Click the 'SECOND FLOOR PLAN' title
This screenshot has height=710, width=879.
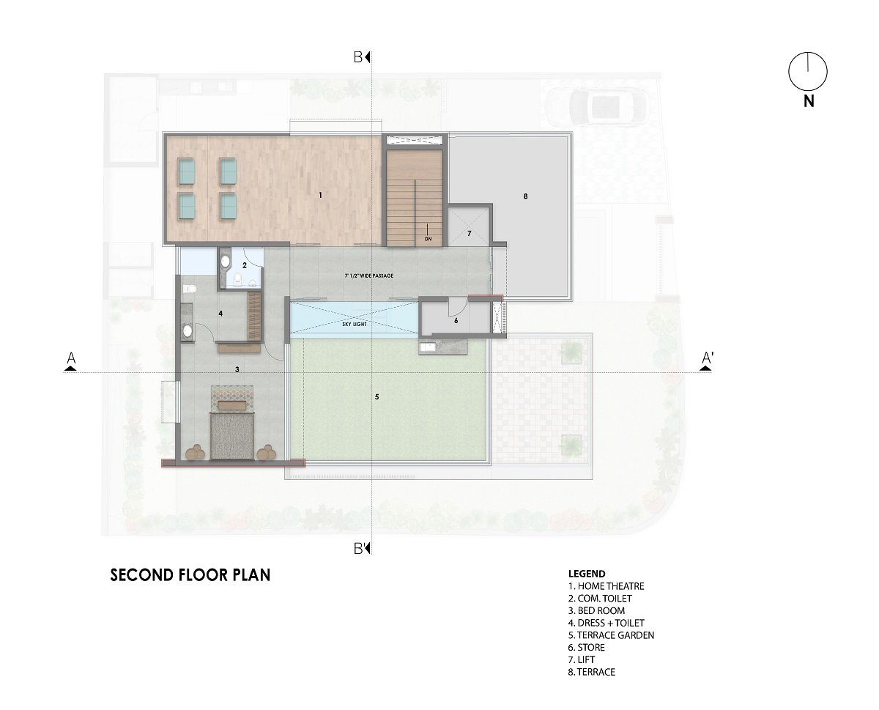point(190,574)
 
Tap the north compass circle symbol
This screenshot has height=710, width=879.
point(807,72)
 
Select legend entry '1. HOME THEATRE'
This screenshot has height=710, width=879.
point(606,586)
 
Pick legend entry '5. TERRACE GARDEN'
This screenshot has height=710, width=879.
point(611,635)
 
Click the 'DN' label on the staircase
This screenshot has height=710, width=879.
point(427,238)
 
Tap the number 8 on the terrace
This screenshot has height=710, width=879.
point(525,196)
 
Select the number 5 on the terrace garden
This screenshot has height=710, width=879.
point(377,396)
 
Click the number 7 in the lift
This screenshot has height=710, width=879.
point(469,233)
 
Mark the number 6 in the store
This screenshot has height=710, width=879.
point(456,320)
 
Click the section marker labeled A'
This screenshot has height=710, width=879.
point(707,359)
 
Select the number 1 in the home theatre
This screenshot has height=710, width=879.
point(319,195)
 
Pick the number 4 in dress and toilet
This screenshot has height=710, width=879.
point(220,313)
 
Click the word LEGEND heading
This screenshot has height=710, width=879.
point(587,573)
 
